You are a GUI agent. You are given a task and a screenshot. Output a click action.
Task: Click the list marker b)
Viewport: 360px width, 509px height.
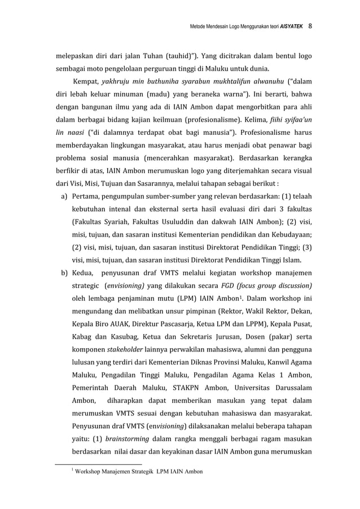64,273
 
